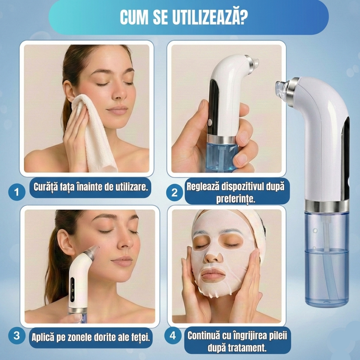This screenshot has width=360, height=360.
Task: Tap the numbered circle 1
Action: [17, 192]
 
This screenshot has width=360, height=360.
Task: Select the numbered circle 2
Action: [174, 192]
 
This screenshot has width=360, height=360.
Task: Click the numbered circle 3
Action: [17, 336]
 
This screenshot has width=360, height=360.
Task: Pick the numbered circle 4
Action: [173, 336]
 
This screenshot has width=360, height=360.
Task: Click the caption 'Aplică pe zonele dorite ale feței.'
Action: [91, 337]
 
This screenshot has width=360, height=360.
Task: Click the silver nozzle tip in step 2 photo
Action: [252, 63]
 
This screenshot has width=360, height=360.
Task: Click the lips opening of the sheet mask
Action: [213, 274]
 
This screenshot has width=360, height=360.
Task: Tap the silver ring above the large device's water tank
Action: [326, 206]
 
